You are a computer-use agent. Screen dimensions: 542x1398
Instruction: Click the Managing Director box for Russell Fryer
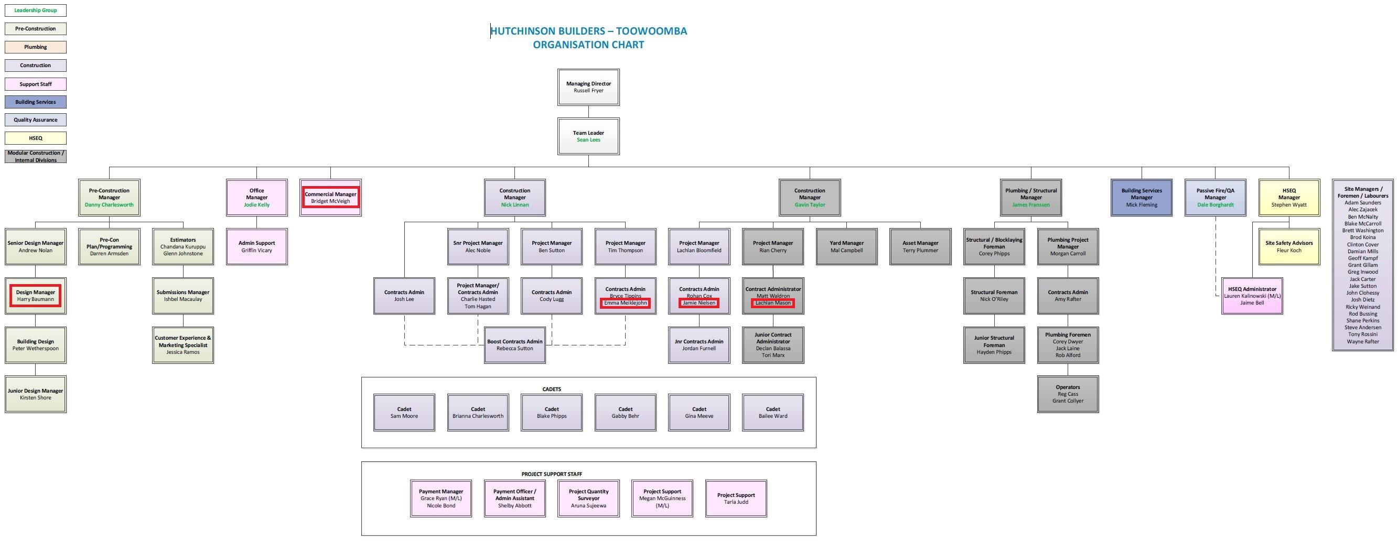point(588,88)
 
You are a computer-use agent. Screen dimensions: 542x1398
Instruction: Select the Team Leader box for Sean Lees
point(588,136)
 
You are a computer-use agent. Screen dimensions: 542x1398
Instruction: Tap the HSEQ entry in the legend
point(36,138)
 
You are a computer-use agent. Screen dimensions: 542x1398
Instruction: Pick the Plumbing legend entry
point(36,47)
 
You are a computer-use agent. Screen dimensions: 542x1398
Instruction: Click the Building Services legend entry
point(36,102)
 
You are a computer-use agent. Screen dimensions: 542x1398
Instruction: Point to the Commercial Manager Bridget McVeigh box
point(330,198)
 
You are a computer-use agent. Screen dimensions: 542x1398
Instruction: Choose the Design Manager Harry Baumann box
point(36,296)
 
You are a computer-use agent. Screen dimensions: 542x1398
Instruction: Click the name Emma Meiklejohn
point(625,303)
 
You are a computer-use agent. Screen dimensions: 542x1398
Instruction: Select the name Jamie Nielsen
point(699,303)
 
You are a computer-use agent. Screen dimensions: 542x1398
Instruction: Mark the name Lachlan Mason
point(773,303)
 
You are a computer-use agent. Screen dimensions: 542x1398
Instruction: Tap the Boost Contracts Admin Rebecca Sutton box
point(514,345)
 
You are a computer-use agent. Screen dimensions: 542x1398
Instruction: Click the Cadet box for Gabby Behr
point(625,413)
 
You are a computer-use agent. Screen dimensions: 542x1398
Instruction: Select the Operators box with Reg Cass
point(1068,394)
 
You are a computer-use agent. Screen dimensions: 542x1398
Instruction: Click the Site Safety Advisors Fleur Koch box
point(1289,247)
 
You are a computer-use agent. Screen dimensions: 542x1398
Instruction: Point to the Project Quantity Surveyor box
point(588,498)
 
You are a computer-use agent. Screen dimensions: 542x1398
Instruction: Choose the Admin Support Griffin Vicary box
point(257,247)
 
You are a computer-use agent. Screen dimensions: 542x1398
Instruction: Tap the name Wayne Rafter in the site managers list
point(1363,342)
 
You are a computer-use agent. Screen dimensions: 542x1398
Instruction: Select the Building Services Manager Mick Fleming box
point(1141,198)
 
